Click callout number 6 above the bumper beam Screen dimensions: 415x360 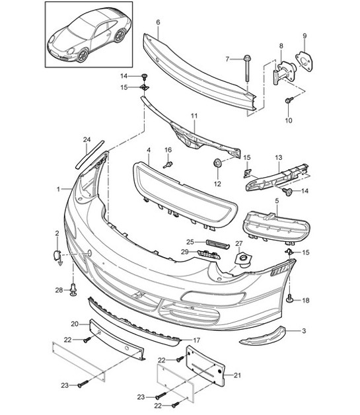coord(158,22)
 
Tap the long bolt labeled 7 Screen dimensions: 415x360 coord(245,69)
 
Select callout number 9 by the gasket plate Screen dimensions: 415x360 coord(305,35)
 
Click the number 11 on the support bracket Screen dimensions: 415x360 coord(194,116)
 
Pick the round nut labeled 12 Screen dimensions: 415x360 coord(217,163)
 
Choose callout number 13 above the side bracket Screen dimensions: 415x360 coord(279,158)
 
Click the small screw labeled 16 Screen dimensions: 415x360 coord(168,162)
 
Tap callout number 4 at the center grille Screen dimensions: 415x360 coord(149,151)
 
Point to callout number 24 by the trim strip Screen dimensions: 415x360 coord(86,139)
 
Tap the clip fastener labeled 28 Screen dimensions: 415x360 coord(72,289)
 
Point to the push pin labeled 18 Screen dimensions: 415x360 coord(290,299)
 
